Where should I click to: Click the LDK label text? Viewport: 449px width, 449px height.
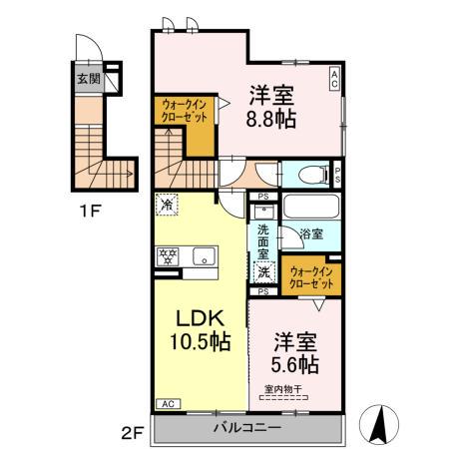pos(205,318)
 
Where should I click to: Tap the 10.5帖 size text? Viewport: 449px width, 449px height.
pos(205,342)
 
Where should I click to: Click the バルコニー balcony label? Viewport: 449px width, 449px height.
pos(246,427)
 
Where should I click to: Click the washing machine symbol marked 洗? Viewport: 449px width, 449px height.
pos(264,270)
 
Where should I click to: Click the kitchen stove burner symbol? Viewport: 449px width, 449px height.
pos(166,256)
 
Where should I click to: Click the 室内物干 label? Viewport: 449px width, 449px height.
pos(285,389)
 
